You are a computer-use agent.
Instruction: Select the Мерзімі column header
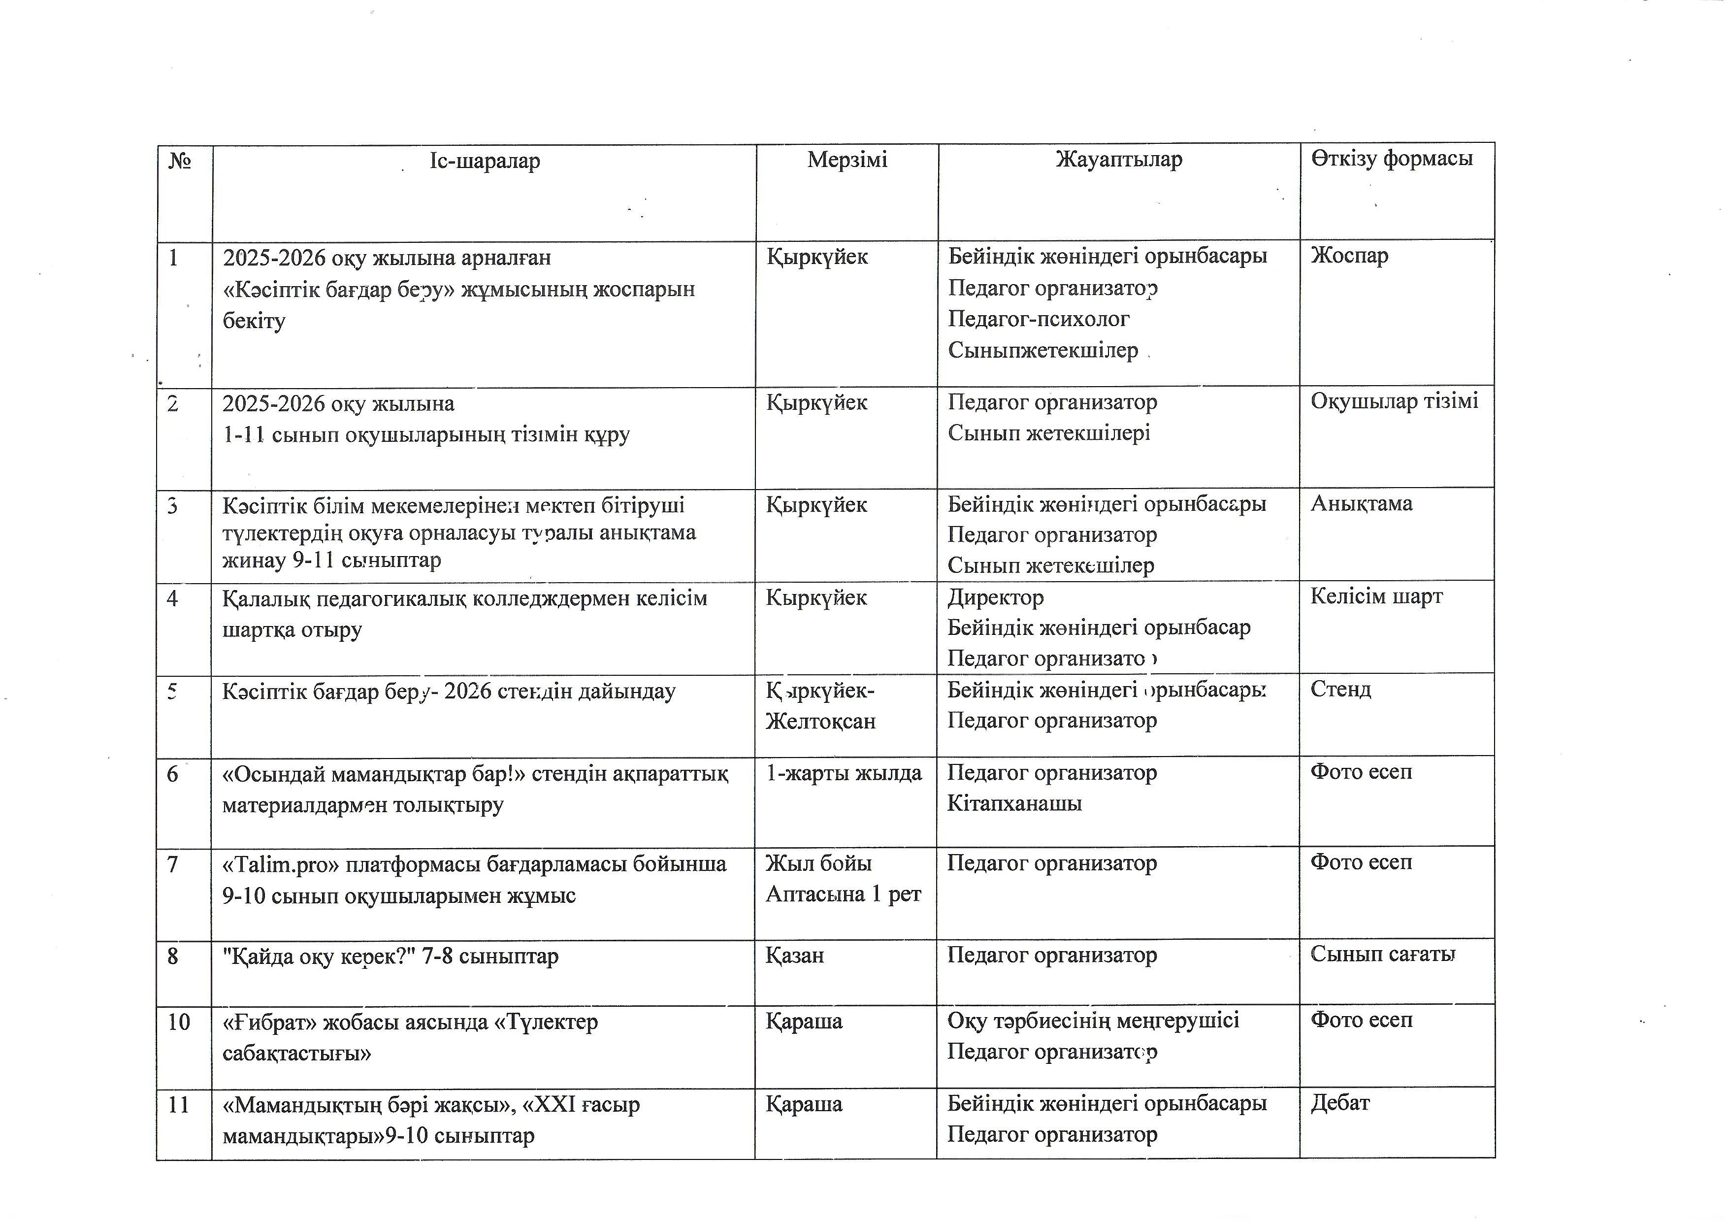pyautogui.click(x=847, y=160)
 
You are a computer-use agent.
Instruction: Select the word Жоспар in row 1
pyautogui.click(x=1349, y=256)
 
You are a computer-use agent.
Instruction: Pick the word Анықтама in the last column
pyautogui.click(x=1362, y=503)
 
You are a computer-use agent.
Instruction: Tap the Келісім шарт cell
pyautogui.click(x=1376, y=596)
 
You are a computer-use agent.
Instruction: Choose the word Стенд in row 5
pyautogui.click(x=1340, y=689)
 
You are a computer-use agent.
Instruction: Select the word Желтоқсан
pyautogui.click(x=820, y=722)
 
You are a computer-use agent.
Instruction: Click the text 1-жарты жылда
pyautogui.click(x=843, y=773)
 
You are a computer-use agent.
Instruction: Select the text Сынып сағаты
pyautogui.click(x=1382, y=954)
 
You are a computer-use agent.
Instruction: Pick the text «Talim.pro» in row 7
pyautogui.click(x=281, y=864)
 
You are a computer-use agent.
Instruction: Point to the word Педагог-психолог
pyautogui.click(x=1038, y=319)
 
